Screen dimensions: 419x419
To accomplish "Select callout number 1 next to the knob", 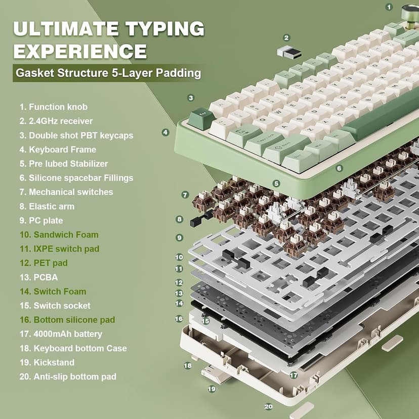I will coord(389,7).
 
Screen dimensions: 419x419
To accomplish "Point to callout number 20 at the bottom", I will coord(268,406).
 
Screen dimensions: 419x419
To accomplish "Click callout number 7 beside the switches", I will coord(185,195).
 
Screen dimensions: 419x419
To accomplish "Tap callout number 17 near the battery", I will coord(294,375).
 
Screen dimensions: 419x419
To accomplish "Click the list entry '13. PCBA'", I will coord(38,277).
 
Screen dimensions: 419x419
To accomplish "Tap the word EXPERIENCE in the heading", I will coord(80,51).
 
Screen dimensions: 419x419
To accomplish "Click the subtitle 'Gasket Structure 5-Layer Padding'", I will coord(108,73).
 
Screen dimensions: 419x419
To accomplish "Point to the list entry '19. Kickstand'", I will coord(47,362).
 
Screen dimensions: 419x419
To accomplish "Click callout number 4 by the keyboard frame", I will coord(165,132).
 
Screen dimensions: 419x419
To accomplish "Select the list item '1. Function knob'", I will coord(53,107).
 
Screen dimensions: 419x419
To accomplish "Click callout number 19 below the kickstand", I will coord(212,389).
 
